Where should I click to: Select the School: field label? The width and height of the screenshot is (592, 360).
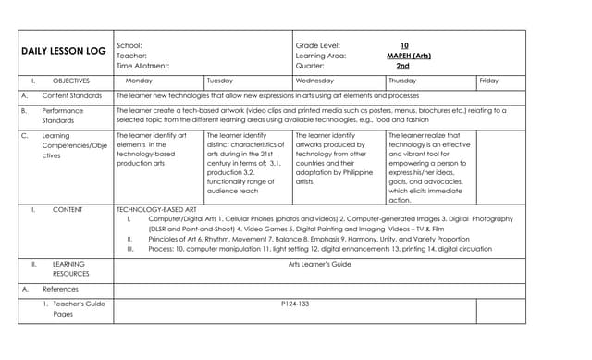pos(129,44)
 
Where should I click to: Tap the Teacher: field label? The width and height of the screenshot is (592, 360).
pos(131,56)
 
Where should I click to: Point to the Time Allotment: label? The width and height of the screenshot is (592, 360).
pos(143,67)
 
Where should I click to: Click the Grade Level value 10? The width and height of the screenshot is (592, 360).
pos(404,44)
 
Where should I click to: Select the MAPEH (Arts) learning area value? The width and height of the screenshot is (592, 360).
pos(408,56)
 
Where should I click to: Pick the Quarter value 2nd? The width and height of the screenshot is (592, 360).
pos(402,67)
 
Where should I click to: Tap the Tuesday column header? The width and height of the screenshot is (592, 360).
pos(220,81)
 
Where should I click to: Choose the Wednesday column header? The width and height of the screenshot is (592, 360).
pos(314,81)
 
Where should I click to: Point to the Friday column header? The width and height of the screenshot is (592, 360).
pos(488,81)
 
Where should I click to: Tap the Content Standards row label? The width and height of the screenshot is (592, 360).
pos(72,95)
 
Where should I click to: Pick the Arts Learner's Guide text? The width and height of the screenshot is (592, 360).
pos(319,264)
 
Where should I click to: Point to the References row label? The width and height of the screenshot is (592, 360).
pos(60,289)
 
